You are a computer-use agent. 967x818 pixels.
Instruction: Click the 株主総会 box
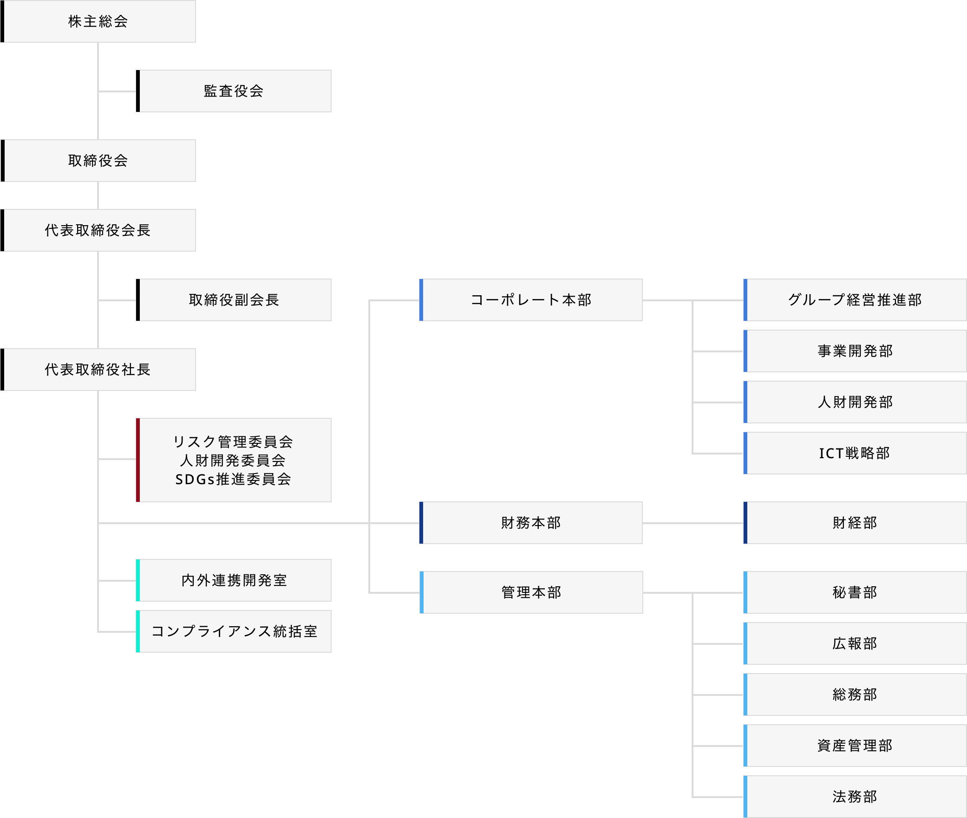pyautogui.click(x=98, y=21)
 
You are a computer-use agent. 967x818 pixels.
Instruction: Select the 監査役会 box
pyautogui.click(x=234, y=91)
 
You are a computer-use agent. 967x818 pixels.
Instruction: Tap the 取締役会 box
pyautogui.click(x=98, y=161)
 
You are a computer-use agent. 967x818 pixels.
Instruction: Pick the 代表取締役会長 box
pyautogui.click(x=98, y=230)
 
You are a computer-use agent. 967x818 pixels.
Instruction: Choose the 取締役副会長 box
pyautogui.click(x=234, y=300)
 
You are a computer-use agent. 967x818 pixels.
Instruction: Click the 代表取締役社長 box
pyautogui.click(x=98, y=370)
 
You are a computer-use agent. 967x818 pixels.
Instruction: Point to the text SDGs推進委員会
pyautogui.click(x=233, y=479)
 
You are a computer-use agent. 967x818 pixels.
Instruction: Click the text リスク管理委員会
pyautogui.click(x=233, y=441)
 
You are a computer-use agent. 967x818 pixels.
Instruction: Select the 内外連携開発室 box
pyautogui.click(x=234, y=580)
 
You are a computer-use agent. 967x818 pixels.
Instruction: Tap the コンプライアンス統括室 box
pyautogui.click(x=234, y=631)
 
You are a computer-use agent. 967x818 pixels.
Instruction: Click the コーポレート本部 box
pyautogui.click(x=531, y=300)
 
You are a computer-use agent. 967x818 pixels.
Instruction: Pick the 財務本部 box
pyautogui.click(x=531, y=523)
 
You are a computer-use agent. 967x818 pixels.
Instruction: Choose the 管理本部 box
pyautogui.click(x=531, y=592)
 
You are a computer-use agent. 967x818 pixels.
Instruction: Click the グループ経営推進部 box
pyautogui.click(x=855, y=300)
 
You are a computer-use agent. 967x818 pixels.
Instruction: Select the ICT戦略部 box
pyautogui.click(x=855, y=453)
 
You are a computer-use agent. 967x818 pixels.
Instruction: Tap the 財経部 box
pyautogui.click(x=855, y=523)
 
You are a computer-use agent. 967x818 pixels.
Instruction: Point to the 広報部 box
pyautogui.click(x=855, y=643)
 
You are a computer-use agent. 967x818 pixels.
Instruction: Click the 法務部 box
pyautogui.click(x=855, y=797)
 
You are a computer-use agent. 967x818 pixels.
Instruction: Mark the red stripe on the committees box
pyautogui.click(x=138, y=460)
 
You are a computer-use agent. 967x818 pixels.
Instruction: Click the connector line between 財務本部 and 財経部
pyautogui.click(x=693, y=523)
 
